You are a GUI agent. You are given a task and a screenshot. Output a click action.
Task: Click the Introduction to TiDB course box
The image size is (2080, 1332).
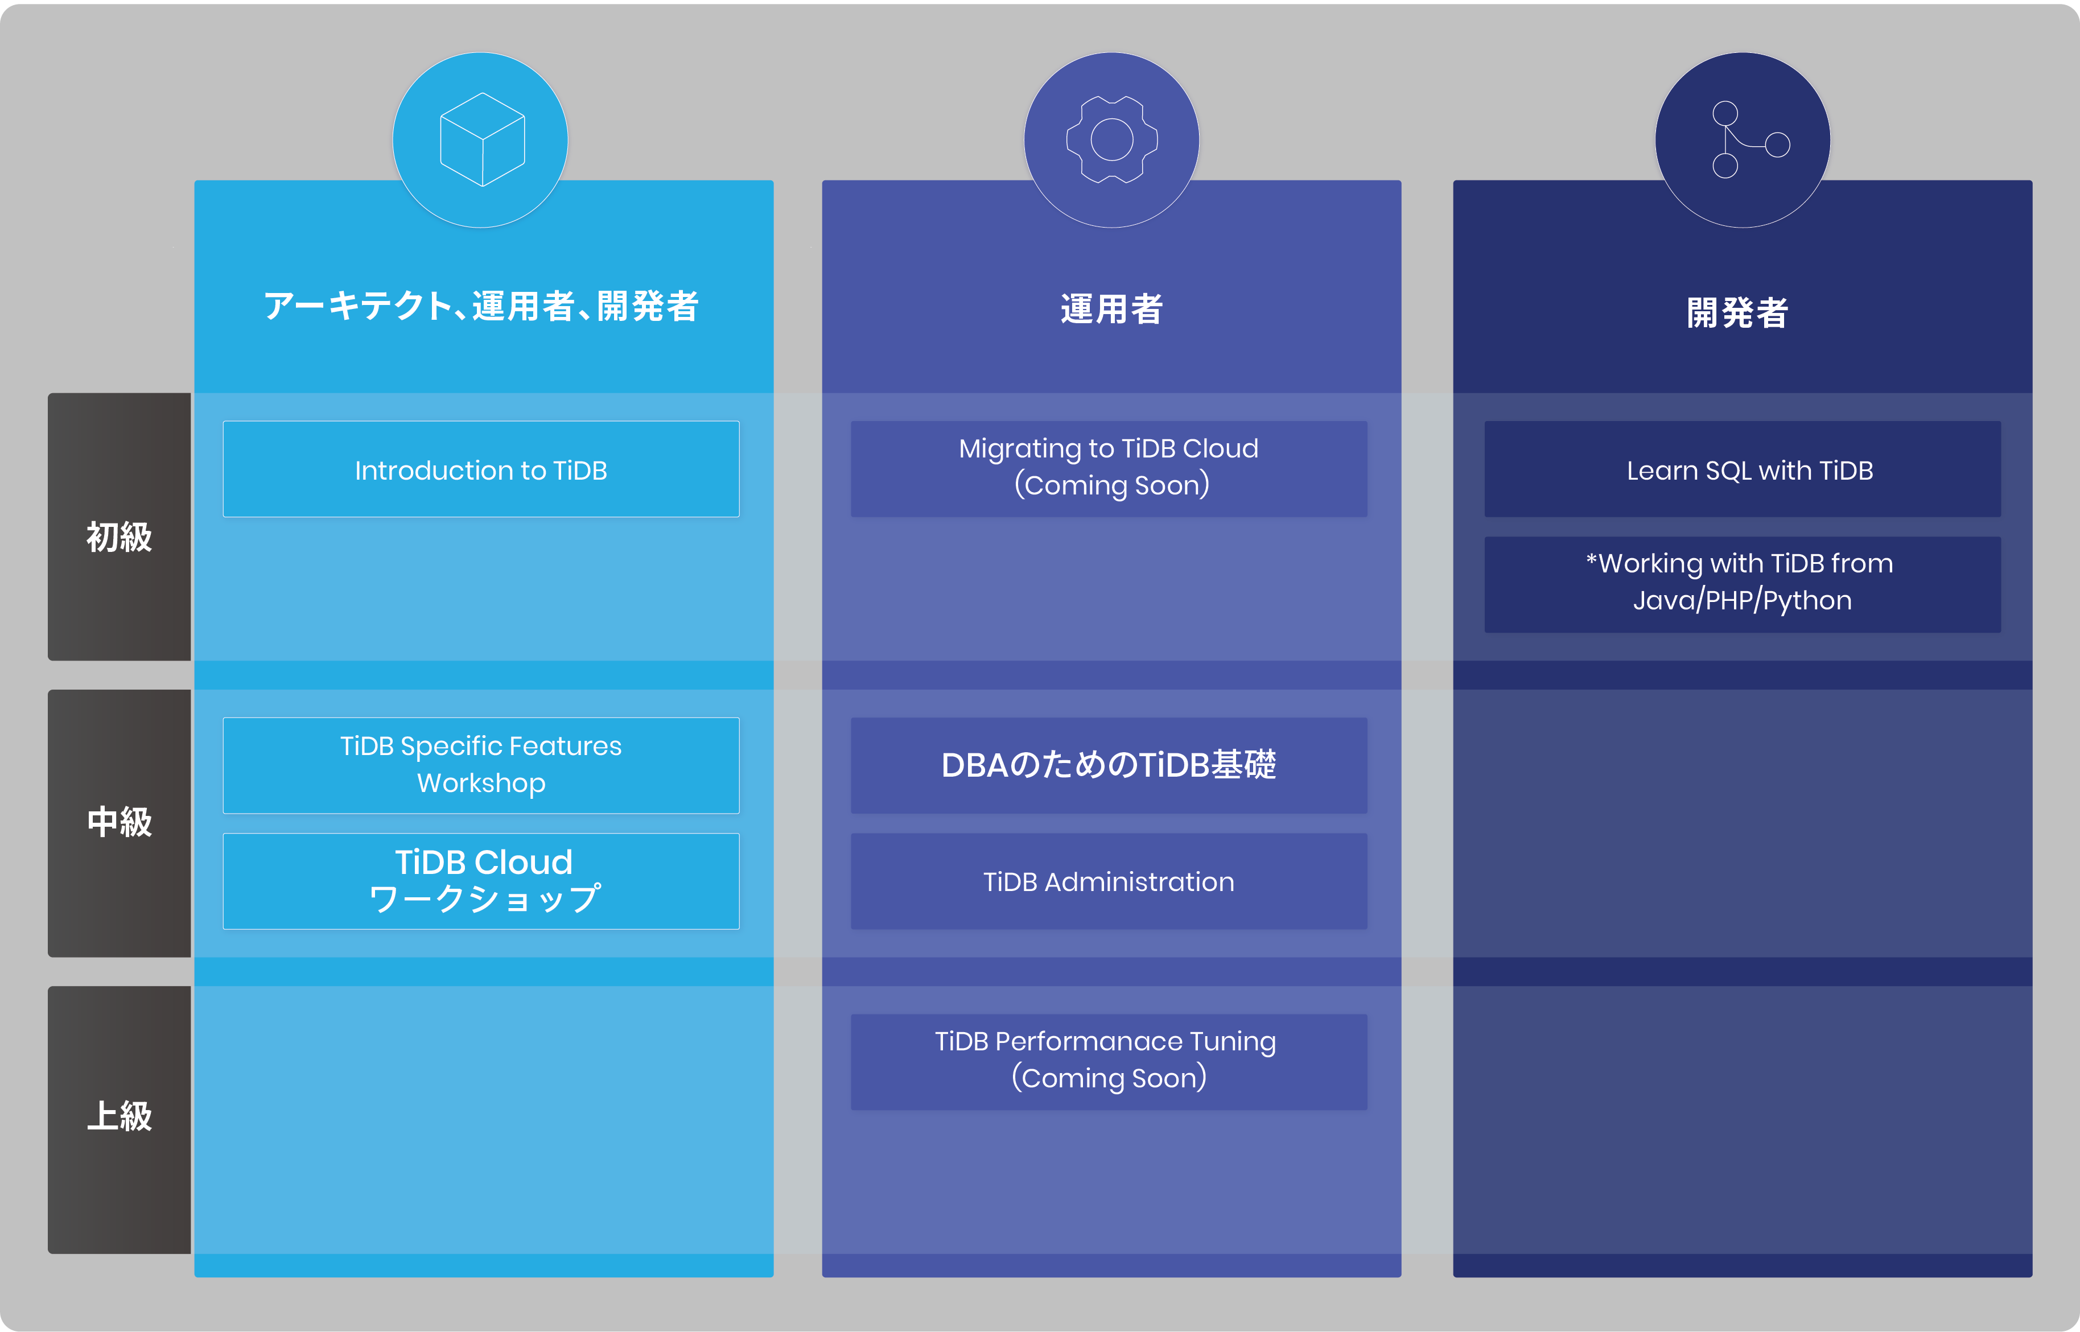[x=481, y=469]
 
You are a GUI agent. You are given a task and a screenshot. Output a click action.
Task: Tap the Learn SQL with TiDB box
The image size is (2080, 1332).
[x=1742, y=469]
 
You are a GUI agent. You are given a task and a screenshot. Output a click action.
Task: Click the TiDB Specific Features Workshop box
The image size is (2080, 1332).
[x=481, y=765]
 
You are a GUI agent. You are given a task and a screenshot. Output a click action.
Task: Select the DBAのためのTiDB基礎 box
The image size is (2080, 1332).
[x=1109, y=765]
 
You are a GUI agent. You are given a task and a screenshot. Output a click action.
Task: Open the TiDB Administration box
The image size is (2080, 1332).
[x=1109, y=881]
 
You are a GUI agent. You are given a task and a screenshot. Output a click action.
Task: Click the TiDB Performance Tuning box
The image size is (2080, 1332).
[x=1109, y=1061]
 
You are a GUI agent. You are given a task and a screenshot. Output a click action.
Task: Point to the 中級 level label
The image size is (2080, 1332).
[x=120, y=822]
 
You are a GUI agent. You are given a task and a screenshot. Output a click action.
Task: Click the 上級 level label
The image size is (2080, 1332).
[x=120, y=1116]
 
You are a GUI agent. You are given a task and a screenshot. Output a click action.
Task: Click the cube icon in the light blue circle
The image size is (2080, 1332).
[x=482, y=139]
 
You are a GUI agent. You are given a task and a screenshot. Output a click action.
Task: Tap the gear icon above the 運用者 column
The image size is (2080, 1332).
[x=1111, y=139]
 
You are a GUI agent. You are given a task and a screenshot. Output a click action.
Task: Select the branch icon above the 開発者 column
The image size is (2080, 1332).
[x=1744, y=139]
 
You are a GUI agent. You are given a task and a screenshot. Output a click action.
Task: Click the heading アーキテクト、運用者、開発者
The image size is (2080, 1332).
[x=481, y=306]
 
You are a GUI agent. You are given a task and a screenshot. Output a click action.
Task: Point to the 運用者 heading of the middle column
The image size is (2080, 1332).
[x=1111, y=309]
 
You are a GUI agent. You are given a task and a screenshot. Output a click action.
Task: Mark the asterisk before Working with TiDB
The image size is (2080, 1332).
[x=1591, y=560]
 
